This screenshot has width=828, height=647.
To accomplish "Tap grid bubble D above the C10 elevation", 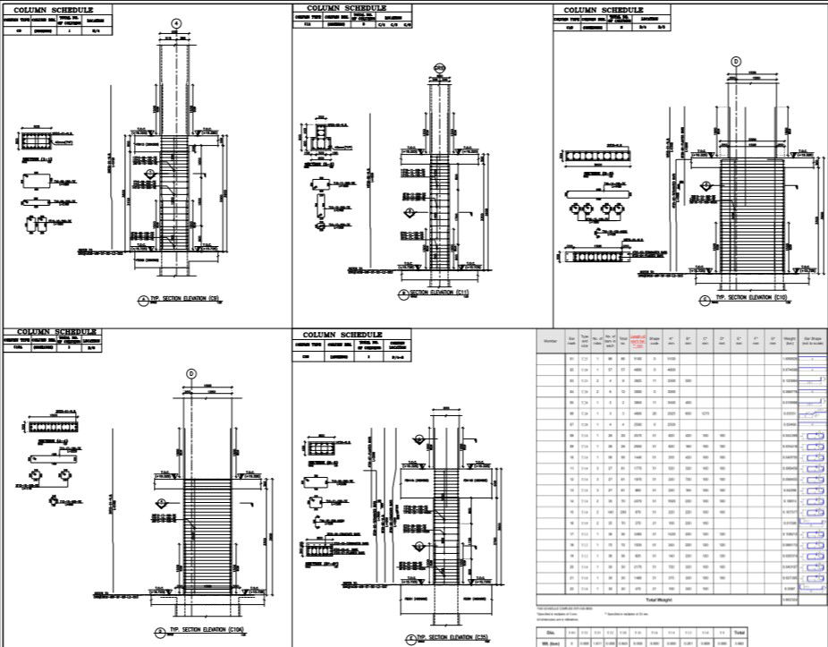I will tap(737, 61).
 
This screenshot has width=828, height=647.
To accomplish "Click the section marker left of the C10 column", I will tap(705, 185).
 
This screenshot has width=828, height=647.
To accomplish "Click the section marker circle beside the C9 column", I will tap(150, 172).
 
